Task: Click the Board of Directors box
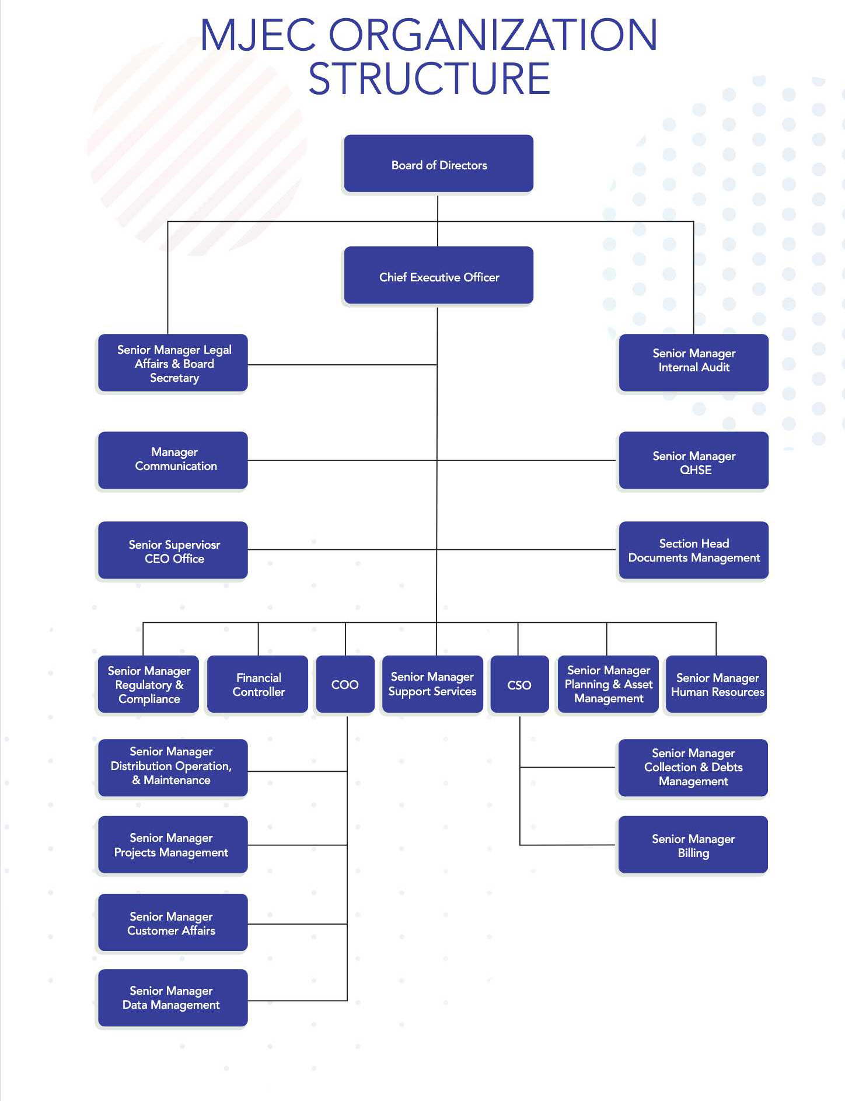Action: pyautogui.click(x=438, y=164)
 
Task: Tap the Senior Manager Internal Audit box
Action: pyautogui.click(x=693, y=362)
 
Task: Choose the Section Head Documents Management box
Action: pyautogui.click(x=693, y=550)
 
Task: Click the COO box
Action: pyautogui.click(x=345, y=684)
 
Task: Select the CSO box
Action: pyautogui.click(x=519, y=684)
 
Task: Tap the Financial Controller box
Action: pyautogui.click(x=257, y=684)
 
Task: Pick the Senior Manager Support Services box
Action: pyautogui.click(x=432, y=684)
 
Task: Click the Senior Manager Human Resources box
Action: pyautogui.click(x=716, y=684)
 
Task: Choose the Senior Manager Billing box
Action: pyautogui.click(x=693, y=844)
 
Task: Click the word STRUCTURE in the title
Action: pyautogui.click(x=429, y=79)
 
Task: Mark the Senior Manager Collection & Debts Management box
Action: pyautogui.click(x=693, y=767)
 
